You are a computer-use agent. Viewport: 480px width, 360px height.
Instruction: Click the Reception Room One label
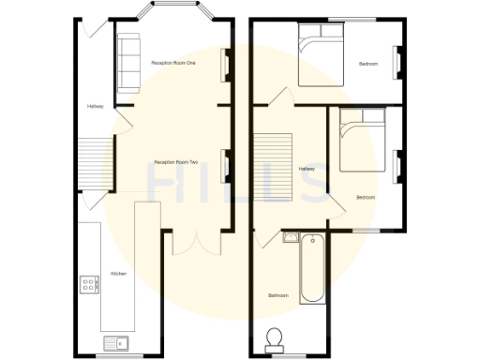tap(173, 63)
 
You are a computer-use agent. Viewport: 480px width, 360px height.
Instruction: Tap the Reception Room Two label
tap(175, 163)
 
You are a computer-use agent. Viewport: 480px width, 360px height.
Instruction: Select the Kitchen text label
tap(118, 274)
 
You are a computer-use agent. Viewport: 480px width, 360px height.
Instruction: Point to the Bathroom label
tap(277, 296)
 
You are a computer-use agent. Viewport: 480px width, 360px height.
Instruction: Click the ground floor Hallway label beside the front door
tap(95, 107)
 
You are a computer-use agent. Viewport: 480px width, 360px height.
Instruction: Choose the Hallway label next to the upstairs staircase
tap(307, 169)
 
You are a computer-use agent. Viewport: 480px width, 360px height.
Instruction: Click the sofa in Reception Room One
tap(127, 62)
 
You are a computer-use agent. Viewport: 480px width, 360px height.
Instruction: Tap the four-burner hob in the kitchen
tap(91, 283)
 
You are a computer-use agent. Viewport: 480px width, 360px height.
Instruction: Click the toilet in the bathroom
tap(276, 337)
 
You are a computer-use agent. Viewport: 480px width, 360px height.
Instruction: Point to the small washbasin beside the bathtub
tap(290, 238)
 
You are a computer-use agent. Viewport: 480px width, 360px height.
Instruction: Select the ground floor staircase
tap(92, 158)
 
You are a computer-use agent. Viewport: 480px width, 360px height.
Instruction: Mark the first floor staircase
tap(275, 166)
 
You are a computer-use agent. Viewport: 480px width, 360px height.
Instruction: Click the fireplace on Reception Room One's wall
tap(224, 65)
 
